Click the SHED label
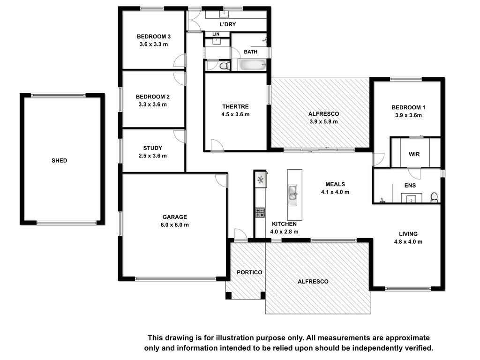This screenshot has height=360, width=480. pos(60,160)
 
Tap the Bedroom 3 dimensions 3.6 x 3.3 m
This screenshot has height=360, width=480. pos(154,45)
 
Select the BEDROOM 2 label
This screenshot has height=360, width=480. pos(153,97)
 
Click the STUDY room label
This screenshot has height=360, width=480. pos(153,148)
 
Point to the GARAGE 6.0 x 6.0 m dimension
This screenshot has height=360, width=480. pos(175,225)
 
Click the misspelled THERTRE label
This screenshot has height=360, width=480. pos(235,106)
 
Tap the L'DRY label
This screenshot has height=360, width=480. pos(228,24)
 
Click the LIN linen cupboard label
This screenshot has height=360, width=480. pos(216,34)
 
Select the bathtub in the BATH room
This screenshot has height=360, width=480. pos(252,65)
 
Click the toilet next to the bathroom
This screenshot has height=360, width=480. pos(225,66)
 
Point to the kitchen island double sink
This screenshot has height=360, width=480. pos(293,193)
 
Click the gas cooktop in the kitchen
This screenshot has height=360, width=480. pos(260,212)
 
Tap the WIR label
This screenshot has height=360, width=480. pos(414,154)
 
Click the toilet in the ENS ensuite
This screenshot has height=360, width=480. pos(434,197)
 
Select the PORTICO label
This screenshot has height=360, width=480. pos(249,272)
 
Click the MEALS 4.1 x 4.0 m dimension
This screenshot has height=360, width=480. pos(335,192)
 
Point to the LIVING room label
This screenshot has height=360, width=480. pos(408,234)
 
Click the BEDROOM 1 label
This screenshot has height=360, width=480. pos(408,107)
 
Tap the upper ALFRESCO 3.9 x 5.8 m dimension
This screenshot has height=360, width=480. pos(323,121)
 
